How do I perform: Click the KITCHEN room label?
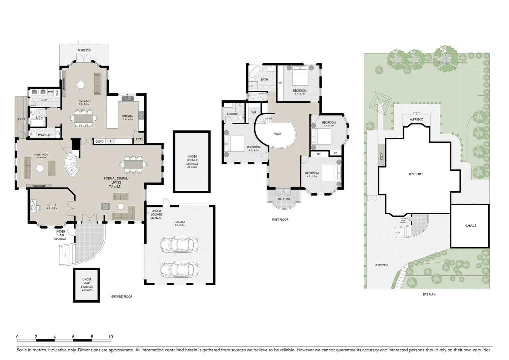(128, 116)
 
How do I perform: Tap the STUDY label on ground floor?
(52, 205)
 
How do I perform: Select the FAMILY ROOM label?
(41, 155)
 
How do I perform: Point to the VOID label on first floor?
(277, 134)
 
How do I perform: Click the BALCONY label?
(284, 199)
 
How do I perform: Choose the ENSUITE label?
(232, 114)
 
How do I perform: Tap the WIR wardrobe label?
(254, 113)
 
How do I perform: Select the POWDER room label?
(44, 135)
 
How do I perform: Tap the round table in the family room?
(40, 168)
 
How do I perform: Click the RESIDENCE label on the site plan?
(416, 174)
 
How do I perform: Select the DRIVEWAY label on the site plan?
(381, 265)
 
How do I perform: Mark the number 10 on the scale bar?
(111, 337)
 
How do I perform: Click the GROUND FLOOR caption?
(122, 296)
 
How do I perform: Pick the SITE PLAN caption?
(429, 294)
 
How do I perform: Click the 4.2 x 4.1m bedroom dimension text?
(254, 150)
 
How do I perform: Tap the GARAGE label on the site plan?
(470, 226)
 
